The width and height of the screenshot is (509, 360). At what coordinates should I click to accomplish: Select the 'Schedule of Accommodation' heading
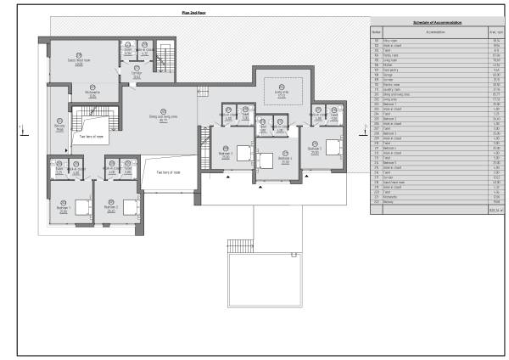[x=437, y=21]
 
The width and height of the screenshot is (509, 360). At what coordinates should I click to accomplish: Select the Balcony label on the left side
[x=59, y=130]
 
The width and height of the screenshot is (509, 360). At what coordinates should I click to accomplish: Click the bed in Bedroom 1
[x=82, y=205]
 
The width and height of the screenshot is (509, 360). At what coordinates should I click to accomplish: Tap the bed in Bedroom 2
[x=129, y=205]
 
